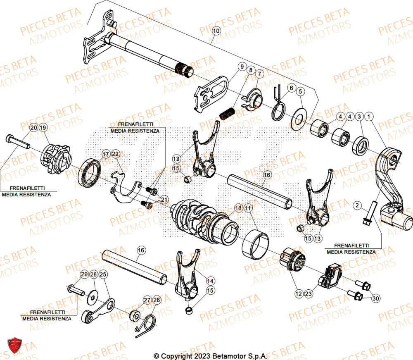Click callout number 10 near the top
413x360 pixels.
coord(216,31)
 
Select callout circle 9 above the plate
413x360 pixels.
coord(241,67)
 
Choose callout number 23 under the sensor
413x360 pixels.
coord(308,294)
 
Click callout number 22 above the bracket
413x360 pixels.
coord(115,154)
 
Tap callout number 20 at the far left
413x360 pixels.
coord(33,127)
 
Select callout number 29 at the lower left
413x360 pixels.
coord(84,274)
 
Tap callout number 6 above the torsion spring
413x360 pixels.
coord(291,88)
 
